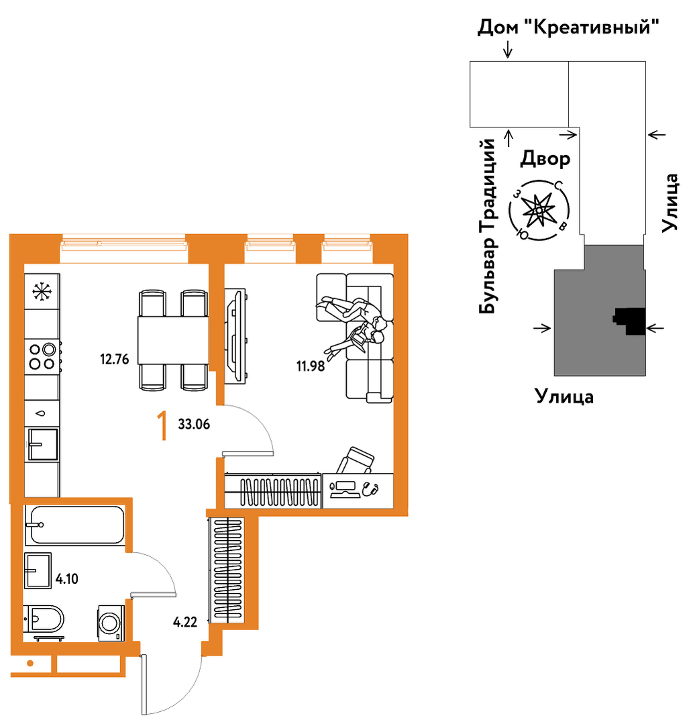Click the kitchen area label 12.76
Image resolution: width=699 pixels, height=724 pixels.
[115, 359]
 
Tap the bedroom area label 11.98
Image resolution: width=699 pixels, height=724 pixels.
[310, 366]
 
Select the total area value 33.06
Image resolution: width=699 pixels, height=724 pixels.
[194, 424]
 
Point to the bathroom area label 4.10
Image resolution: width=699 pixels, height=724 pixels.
[67, 578]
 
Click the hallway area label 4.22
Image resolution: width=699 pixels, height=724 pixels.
[185, 622]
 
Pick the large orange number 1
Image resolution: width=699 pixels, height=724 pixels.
[162, 426]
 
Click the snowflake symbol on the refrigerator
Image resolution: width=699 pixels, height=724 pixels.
[42, 291]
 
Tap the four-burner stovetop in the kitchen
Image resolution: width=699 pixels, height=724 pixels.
[42, 356]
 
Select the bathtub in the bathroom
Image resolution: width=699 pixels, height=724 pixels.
[74, 525]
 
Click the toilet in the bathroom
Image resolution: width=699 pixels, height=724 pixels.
[44, 619]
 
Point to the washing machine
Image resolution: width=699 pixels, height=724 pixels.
[111, 623]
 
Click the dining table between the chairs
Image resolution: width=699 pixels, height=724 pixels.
[173, 340]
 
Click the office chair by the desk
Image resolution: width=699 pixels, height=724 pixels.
[355, 460]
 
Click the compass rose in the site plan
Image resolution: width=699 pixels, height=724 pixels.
[539, 211]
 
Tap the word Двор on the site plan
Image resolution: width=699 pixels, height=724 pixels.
[545, 159]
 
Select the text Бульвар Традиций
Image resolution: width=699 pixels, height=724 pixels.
[487, 226]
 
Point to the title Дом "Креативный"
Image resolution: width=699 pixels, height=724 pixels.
[568, 27]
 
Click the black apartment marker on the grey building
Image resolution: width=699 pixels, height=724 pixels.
[631, 320]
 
